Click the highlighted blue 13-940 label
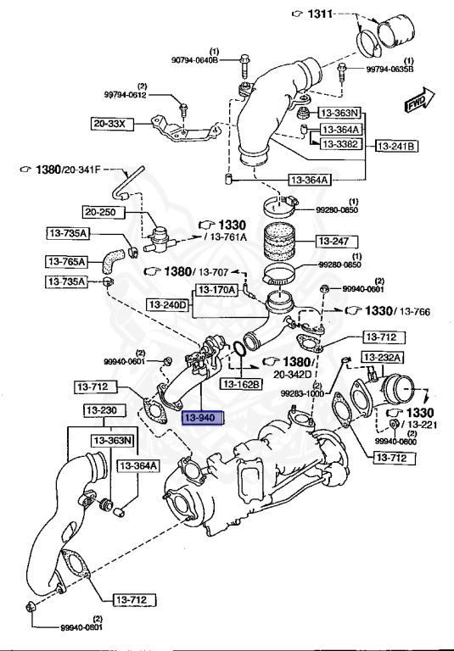point(202,417)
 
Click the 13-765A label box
point(67,261)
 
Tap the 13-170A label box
point(218,290)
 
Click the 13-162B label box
point(243,384)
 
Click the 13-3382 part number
point(339,144)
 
